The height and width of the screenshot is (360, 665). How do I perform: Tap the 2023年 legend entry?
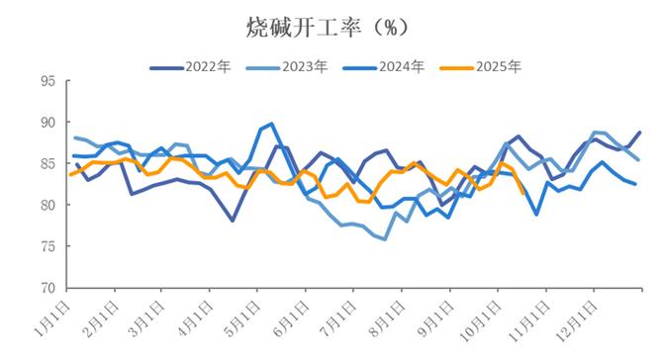coord(303,67)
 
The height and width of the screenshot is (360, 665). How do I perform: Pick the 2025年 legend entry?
coord(497,67)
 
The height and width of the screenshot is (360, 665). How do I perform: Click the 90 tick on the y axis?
coord(47,123)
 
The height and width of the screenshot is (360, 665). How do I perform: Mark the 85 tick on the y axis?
coord(47,164)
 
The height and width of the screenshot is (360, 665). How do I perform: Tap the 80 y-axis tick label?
coord(47,206)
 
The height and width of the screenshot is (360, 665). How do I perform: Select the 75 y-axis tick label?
coord(47,247)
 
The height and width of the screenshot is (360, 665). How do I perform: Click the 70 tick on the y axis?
coord(47,289)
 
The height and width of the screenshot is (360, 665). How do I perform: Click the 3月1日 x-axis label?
coord(148,316)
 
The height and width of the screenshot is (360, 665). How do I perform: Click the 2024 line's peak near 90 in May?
coord(271,125)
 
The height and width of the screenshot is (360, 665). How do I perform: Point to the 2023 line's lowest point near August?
coord(384,239)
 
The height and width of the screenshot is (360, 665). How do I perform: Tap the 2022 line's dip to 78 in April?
coord(233,220)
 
